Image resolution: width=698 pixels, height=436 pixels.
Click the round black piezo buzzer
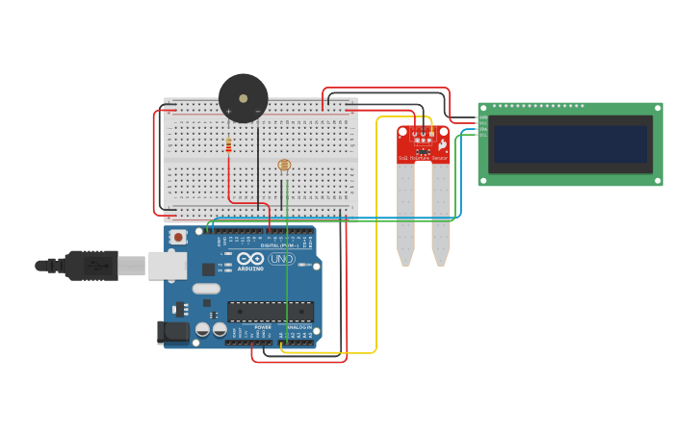click(243, 98)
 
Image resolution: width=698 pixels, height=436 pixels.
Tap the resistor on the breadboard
click(228, 146)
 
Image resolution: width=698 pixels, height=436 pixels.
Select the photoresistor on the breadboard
click(284, 166)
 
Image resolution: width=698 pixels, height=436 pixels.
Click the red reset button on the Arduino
click(177, 237)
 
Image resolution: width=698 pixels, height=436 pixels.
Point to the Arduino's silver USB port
click(167, 266)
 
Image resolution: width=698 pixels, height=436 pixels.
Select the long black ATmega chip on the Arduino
click(270, 312)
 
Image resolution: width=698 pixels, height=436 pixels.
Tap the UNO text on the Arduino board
click(281, 259)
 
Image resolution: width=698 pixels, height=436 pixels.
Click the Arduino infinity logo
click(249, 258)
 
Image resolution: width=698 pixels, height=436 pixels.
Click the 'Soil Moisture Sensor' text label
click(424, 158)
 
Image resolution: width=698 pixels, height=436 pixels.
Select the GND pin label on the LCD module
click(482, 118)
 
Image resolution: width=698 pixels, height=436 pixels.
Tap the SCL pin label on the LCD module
click(482, 135)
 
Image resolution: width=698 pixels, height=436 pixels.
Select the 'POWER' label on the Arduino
click(263, 327)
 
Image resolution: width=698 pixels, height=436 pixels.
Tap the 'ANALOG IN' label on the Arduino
click(299, 327)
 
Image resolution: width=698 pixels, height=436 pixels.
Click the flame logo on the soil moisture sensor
click(442, 144)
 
